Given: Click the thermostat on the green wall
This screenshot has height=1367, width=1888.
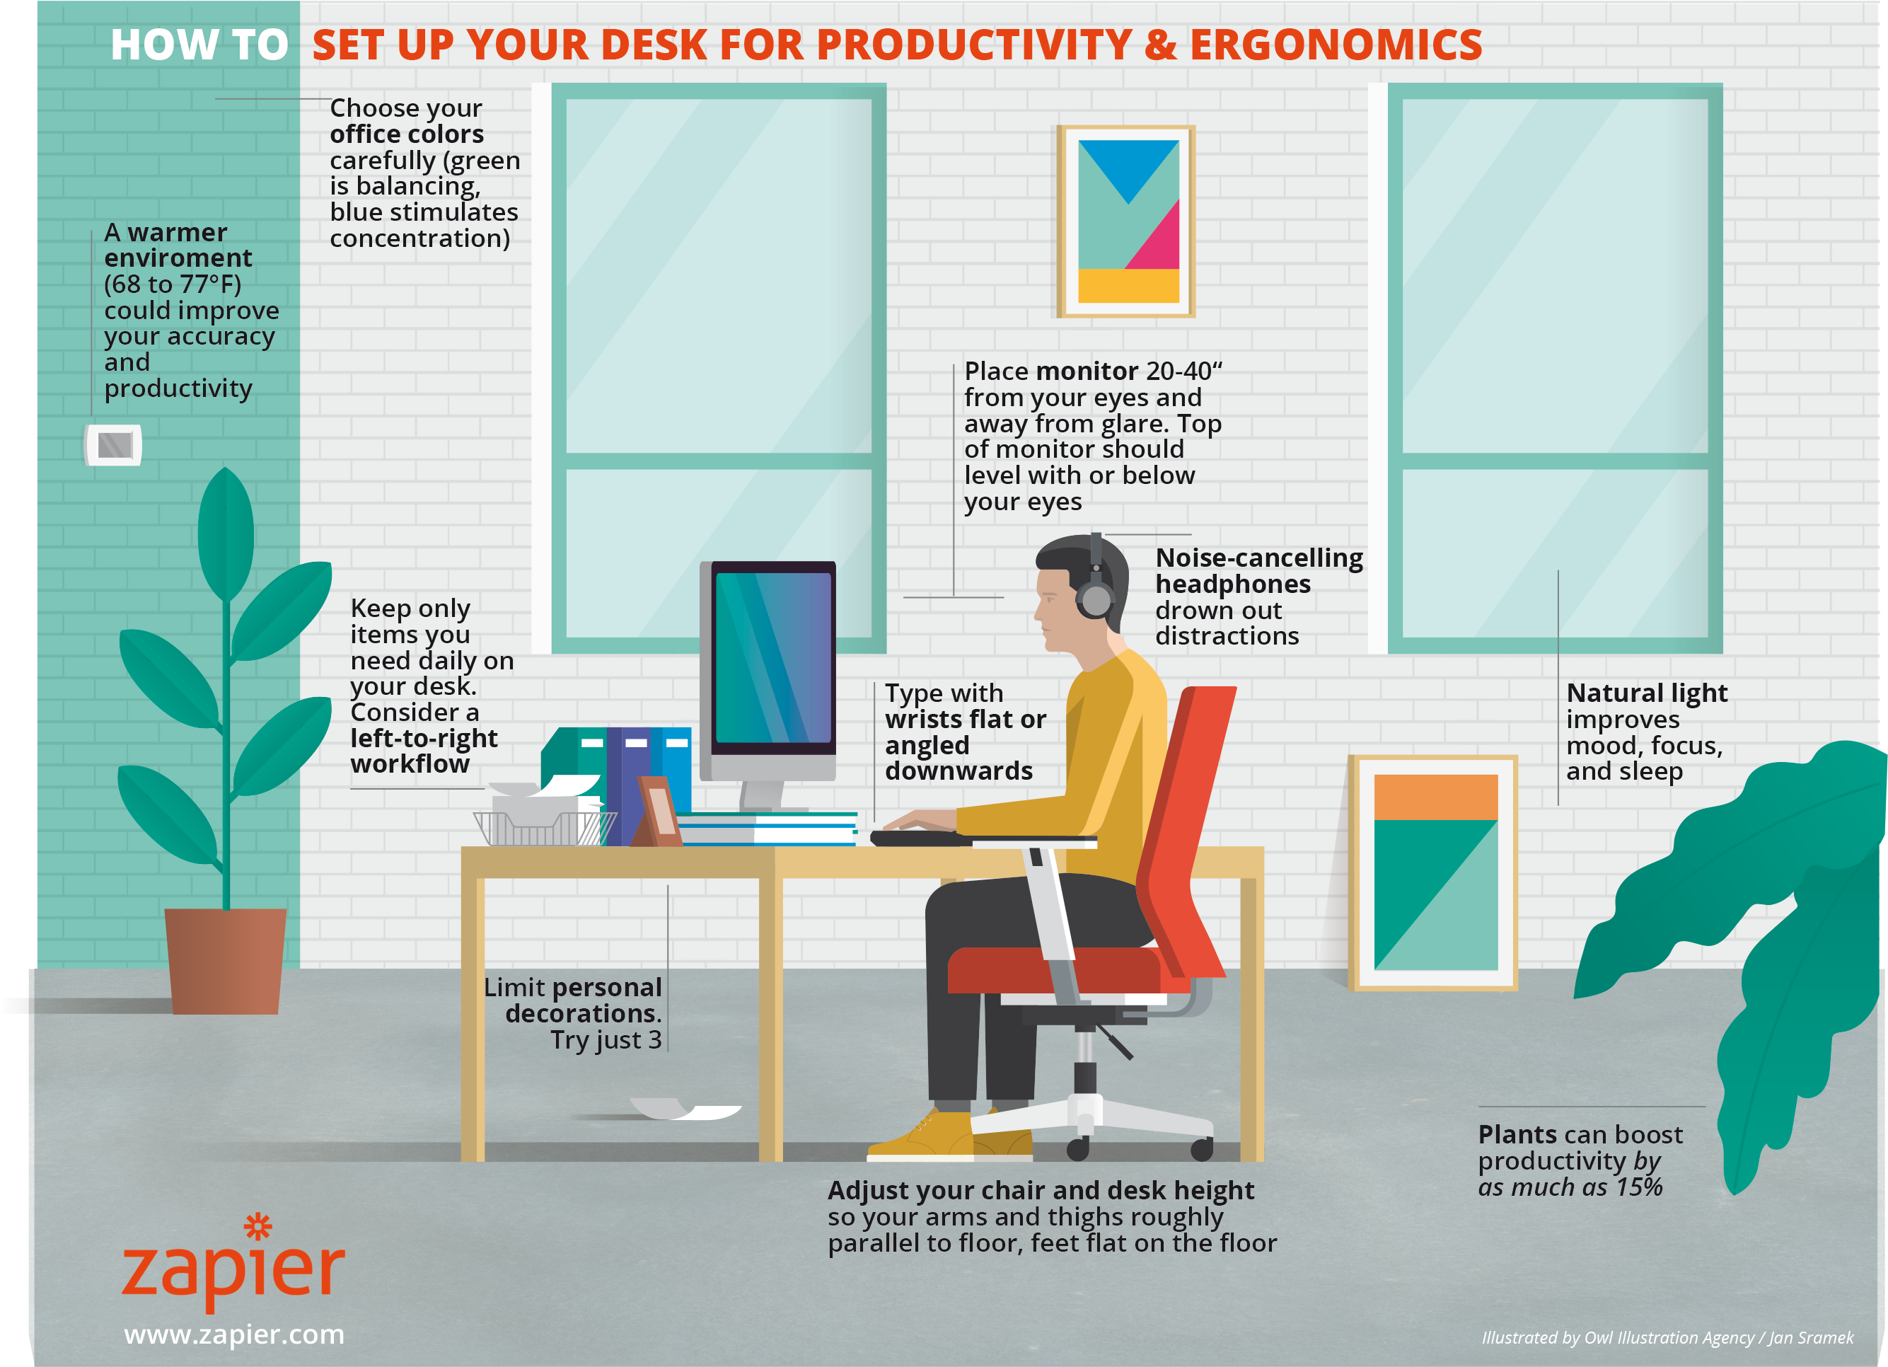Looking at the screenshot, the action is [x=113, y=444].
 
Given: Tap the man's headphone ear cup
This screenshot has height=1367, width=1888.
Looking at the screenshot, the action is [x=1096, y=599].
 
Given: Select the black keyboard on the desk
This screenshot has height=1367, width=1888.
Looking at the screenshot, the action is [x=920, y=838].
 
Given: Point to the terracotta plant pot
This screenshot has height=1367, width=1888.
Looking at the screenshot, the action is [x=225, y=961].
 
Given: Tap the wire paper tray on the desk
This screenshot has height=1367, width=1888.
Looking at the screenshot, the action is [x=545, y=828].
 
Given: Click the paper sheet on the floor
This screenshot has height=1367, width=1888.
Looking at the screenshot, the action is [x=686, y=1109].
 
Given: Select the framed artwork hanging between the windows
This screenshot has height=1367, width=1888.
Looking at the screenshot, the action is [x=1126, y=221].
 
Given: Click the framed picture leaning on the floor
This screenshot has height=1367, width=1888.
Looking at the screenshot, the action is [x=1432, y=872].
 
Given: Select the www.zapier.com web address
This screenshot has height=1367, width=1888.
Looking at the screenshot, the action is [x=234, y=1334].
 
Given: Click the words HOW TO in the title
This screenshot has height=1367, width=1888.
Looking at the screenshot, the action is [x=199, y=45].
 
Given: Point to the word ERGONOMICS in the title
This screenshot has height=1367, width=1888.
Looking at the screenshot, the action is [x=1336, y=45].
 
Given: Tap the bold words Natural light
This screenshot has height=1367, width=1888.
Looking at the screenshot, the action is [x=1647, y=693].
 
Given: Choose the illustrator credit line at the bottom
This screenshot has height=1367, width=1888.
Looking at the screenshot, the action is [x=1667, y=1337].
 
